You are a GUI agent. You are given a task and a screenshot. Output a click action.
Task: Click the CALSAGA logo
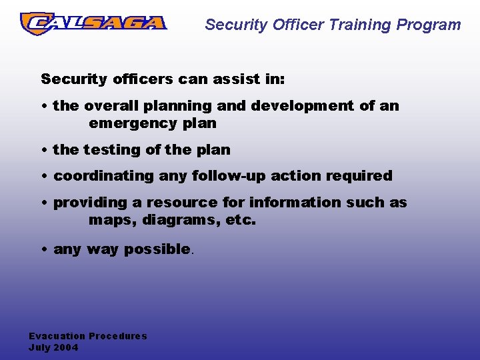(x=93, y=23)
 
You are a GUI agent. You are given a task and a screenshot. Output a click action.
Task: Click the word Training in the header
(x=359, y=25)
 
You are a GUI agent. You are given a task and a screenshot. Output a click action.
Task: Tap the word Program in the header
(x=429, y=25)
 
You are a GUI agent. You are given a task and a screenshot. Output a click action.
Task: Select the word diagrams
(x=171, y=219)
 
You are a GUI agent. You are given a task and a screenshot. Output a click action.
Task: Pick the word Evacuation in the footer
(x=57, y=336)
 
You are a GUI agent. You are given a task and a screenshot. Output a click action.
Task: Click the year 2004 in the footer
(x=66, y=347)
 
